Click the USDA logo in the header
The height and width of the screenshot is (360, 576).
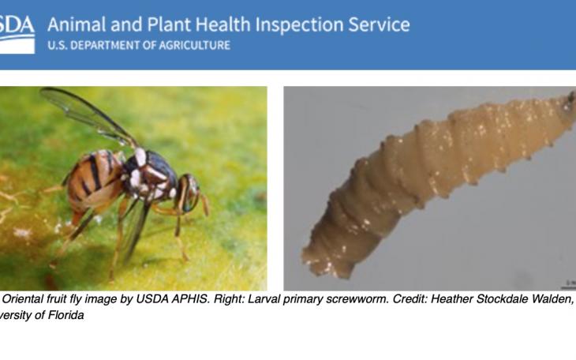tap(17, 32)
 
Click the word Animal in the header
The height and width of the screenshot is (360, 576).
tap(77, 24)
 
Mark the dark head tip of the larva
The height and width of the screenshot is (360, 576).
tap(569, 100)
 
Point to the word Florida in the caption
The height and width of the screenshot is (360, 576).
tap(62, 315)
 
